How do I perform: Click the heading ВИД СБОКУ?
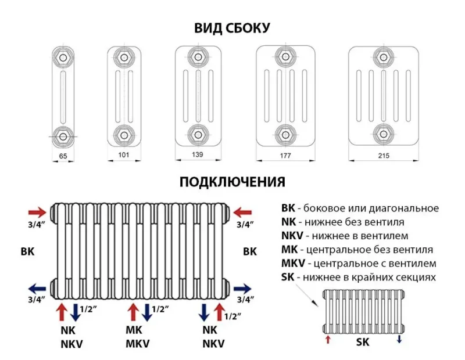(233, 27)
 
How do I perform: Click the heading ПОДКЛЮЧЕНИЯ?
(233, 182)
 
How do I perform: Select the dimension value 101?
(123, 155)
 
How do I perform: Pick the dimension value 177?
(286, 156)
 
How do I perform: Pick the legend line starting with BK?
(359, 208)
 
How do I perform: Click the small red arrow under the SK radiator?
(328, 339)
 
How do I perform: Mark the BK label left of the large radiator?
(27, 251)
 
